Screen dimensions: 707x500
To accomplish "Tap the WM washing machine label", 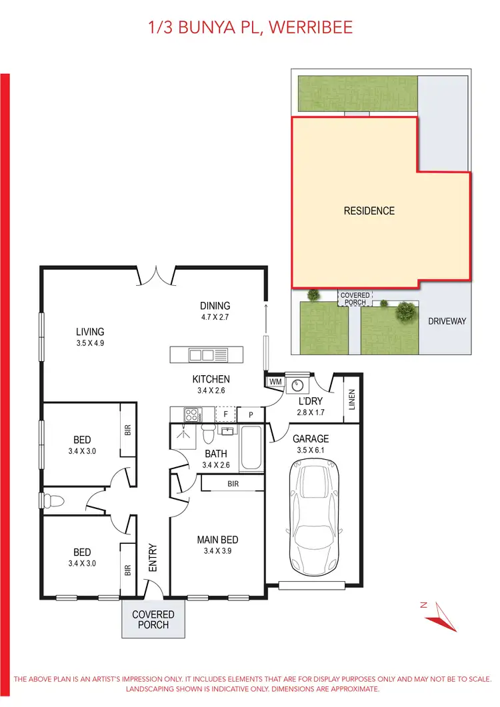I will [275, 382].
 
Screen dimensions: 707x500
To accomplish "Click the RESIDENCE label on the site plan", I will [369, 211].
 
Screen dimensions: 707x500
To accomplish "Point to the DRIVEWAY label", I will [447, 321].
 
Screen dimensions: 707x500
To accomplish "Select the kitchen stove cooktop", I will [191, 414].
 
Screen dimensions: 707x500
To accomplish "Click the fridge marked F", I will [226, 414].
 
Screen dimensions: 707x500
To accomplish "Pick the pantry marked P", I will [251, 414].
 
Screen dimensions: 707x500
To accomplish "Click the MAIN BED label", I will [217, 540].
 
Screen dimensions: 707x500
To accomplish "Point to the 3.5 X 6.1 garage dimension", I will [311, 450].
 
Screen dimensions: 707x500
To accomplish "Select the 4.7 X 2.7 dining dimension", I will [215, 318].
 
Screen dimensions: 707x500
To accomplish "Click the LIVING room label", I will [90, 332].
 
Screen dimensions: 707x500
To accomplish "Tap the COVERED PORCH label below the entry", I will [153, 620].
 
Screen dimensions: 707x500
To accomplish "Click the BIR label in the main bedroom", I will [233, 483].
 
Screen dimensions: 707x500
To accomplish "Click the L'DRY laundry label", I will [309, 402].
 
